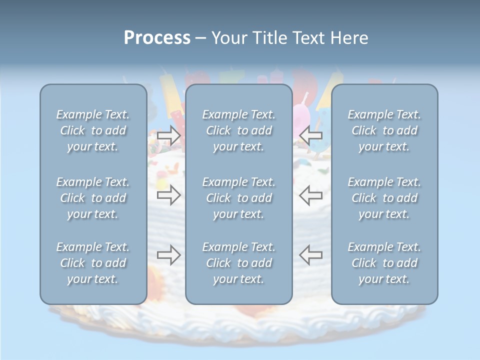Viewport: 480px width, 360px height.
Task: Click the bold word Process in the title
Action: click(157, 38)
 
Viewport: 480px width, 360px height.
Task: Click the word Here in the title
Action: click(349, 38)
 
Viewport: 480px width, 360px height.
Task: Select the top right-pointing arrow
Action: click(169, 135)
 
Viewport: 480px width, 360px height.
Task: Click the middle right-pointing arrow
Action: click(169, 195)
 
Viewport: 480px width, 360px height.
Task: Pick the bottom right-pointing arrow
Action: click(169, 255)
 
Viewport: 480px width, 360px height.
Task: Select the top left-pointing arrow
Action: click(311, 135)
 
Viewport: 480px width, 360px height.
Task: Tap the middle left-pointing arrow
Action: click(311, 195)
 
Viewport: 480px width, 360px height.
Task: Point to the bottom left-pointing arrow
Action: click(311, 255)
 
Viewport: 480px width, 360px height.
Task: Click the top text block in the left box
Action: click(93, 130)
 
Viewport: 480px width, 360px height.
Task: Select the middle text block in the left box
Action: click(93, 198)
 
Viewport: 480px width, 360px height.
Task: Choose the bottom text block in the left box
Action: click(93, 263)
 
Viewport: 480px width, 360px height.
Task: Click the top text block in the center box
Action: click(239, 130)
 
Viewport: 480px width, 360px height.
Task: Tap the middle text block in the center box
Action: click(239, 198)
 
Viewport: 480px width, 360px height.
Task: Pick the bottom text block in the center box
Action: click(239, 263)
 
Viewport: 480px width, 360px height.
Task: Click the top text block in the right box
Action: click(384, 130)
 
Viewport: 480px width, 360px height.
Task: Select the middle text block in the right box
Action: click(384, 198)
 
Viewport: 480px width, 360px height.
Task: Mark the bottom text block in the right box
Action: click(384, 263)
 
